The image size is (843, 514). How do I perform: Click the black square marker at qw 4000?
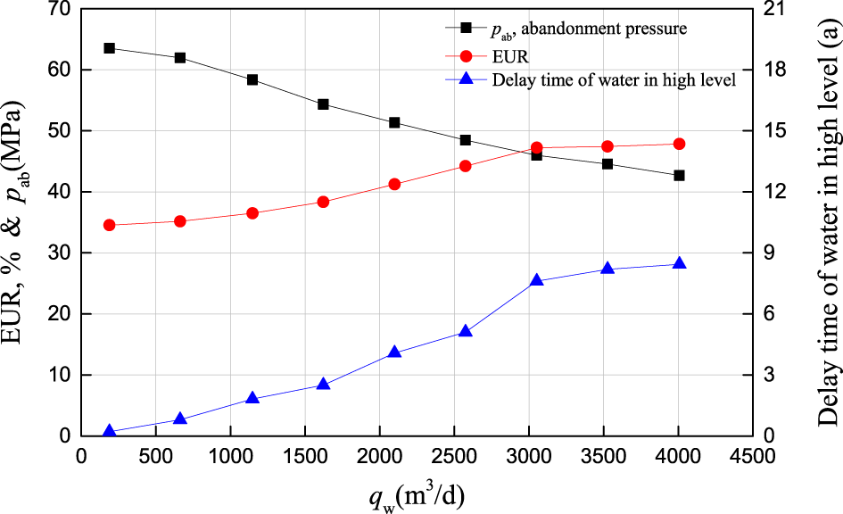(x=679, y=176)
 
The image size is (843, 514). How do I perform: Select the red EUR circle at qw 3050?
(x=537, y=148)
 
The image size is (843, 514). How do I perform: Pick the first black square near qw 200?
(x=110, y=48)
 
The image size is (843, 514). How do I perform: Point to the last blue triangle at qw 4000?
(x=679, y=264)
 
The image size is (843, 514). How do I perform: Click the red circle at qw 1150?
(x=252, y=213)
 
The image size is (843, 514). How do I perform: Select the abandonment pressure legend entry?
(x=589, y=29)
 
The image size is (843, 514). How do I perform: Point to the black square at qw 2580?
(x=466, y=140)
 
